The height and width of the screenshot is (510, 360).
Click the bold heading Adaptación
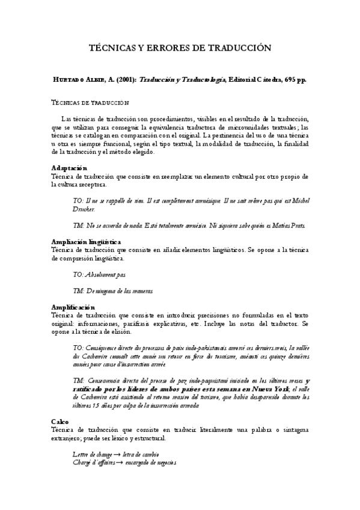pos(69,168)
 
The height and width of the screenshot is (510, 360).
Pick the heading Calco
pos(61,422)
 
